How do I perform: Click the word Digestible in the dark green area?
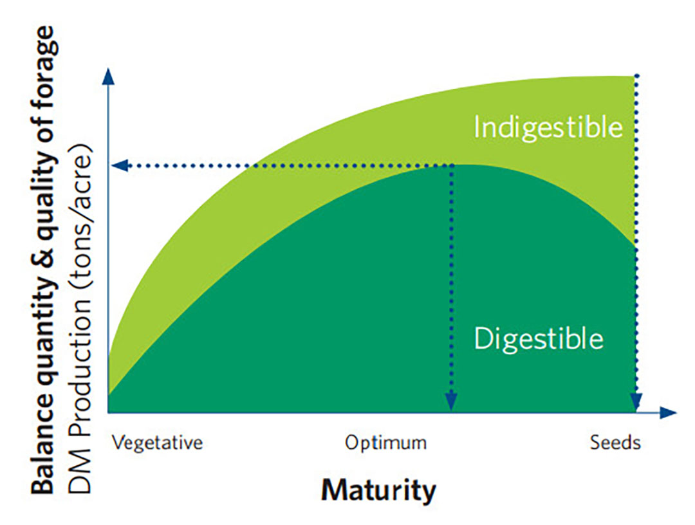pyautogui.click(x=539, y=339)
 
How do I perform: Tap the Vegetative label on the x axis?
pyautogui.click(x=158, y=443)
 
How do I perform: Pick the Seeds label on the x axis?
pyautogui.click(x=615, y=443)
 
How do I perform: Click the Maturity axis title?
pyautogui.click(x=379, y=491)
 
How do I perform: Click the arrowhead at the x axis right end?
pyautogui.click(x=669, y=412)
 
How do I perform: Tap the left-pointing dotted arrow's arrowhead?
pyautogui.click(x=120, y=166)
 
